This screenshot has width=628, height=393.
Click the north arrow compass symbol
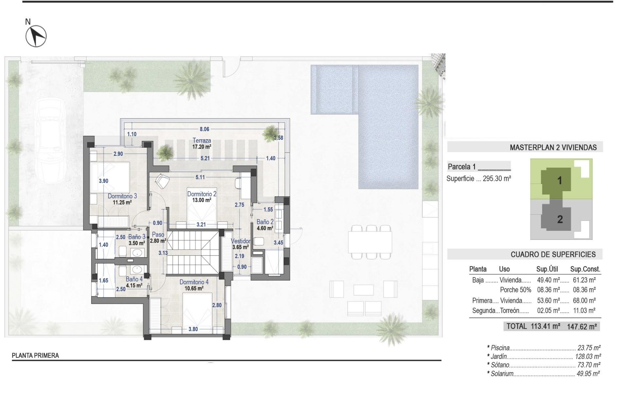[x=36, y=36]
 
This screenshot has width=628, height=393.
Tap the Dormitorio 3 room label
[x=122, y=196]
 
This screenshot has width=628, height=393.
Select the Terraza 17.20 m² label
[x=201, y=143]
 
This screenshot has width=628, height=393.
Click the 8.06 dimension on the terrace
[x=204, y=129]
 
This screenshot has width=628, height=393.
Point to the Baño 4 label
[x=134, y=279]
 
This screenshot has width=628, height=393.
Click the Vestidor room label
[x=241, y=241]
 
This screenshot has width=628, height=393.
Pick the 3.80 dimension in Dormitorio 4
[x=193, y=329]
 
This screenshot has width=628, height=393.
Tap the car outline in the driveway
[x=50, y=141]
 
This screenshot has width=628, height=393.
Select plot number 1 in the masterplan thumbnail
[x=559, y=180]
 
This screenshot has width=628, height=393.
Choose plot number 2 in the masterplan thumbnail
[x=560, y=219]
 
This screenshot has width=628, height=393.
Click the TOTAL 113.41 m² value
[x=546, y=326]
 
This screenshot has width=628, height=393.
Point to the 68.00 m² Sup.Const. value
[x=584, y=300]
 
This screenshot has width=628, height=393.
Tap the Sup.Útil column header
[x=547, y=269]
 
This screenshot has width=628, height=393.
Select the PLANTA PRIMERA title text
[x=35, y=355]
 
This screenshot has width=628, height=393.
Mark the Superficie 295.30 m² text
[x=479, y=179]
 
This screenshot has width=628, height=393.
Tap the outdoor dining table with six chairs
[x=370, y=242]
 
